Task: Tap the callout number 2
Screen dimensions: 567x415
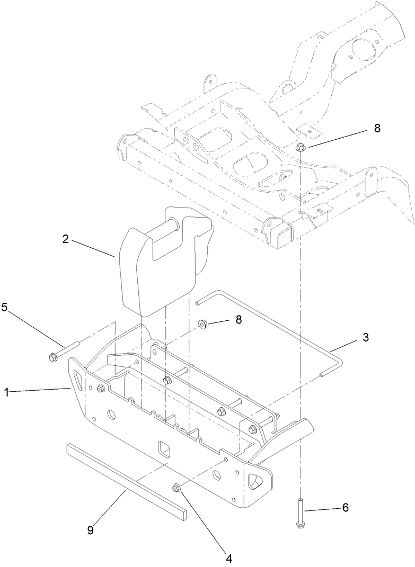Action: point(65,239)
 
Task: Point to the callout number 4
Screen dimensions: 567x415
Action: point(228,557)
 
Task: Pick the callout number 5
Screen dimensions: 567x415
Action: point(4,308)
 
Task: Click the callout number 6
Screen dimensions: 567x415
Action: point(345,507)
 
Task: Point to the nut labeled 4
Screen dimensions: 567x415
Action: point(178,487)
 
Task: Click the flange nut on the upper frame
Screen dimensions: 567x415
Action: point(300,147)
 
